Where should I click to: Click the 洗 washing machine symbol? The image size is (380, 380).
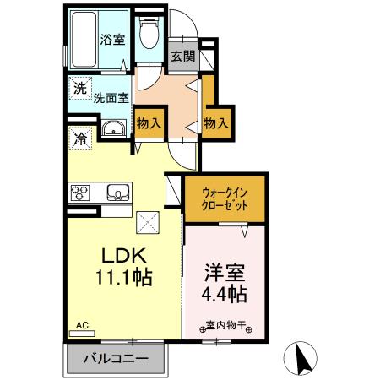click(79, 87)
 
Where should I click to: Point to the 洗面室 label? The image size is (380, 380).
click(111, 97)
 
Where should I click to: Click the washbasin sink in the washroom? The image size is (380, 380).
click(113, 129)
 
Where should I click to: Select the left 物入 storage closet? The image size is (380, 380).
click(149, 122)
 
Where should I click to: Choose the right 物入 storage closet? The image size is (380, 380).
click(215, 122)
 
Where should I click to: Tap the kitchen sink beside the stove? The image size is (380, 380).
click(117, 193)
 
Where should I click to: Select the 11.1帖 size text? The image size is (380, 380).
click(125, 277)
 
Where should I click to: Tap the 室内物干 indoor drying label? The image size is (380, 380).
click(223, 323)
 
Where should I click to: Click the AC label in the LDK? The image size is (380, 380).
click(82, 324)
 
